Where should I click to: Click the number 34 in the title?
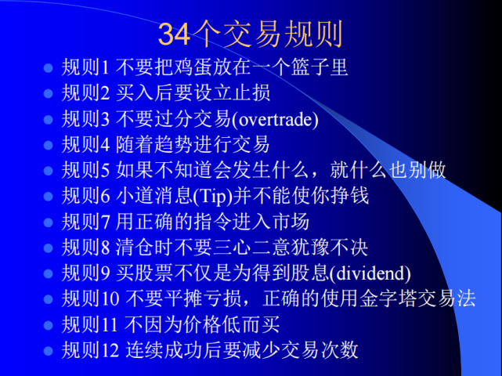pyautogui.click(x=172, y=34)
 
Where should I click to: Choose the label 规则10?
pyautogui.click(x=90, y=298)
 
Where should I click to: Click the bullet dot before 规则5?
pyautogui.click(x=48, y=171)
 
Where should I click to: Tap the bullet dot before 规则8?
pyautogui.click(x=48, y=248)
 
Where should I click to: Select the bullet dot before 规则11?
pyautogui.click(x=48, y=325)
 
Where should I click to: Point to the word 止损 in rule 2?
pyautogui.click(x=251, y=93)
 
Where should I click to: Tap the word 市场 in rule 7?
pyautogui.click(x=292, y=222)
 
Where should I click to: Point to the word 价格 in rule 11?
pyautogui.click(x=195, y=324)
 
